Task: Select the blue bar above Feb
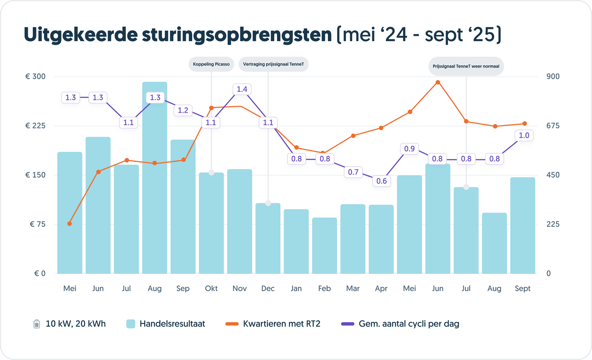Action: pos(325,246)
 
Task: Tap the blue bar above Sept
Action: pos(523,226)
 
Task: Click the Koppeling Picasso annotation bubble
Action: pos(211,64)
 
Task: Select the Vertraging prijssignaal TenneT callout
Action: pos(273,64)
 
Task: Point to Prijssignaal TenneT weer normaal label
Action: pos(466,66)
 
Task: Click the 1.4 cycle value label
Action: pos(242,89)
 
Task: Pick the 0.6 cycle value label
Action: pos(382,181)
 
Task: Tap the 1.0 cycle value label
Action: pos(524,135)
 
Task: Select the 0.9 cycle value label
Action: pos(409,149)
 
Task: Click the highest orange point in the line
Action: pos(438,82)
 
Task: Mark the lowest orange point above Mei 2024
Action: pos(69,224)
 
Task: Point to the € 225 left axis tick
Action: pos(35,126)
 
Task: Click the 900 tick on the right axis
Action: pos(553,76)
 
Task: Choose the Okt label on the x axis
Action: pos(211,288)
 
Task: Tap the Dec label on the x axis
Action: pos(268,288)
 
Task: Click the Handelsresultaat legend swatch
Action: pos(131,324)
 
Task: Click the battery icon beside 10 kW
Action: pos(37,324)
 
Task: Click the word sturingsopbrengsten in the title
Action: pos(237,35)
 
